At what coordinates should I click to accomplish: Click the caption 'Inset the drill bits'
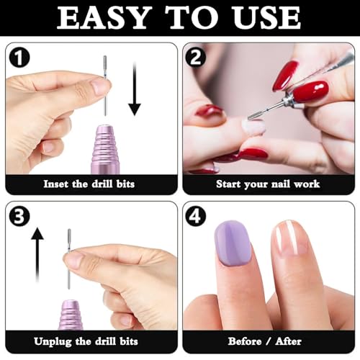[89, 184]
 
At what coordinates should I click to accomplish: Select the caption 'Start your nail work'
[268, 184]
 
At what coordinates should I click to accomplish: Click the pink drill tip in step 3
[73, 312]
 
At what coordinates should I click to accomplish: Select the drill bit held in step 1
[104, 79]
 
